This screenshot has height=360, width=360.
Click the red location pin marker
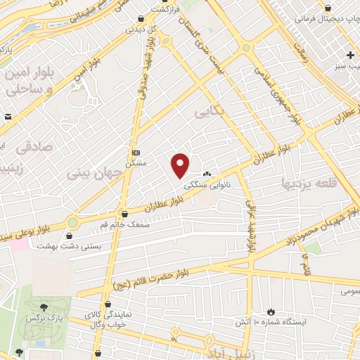pyautogui.click(x=181, y=165)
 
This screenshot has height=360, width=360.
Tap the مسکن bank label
pyautogui.click(x=135, y=163)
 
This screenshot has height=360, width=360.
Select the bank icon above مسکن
pyautogui.click(x=136, y=153)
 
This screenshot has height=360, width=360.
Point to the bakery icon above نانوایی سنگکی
pyautogui.click(x=207, y=175)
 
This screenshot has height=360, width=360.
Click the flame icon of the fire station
pyautogui.click(x=271, y=311)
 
